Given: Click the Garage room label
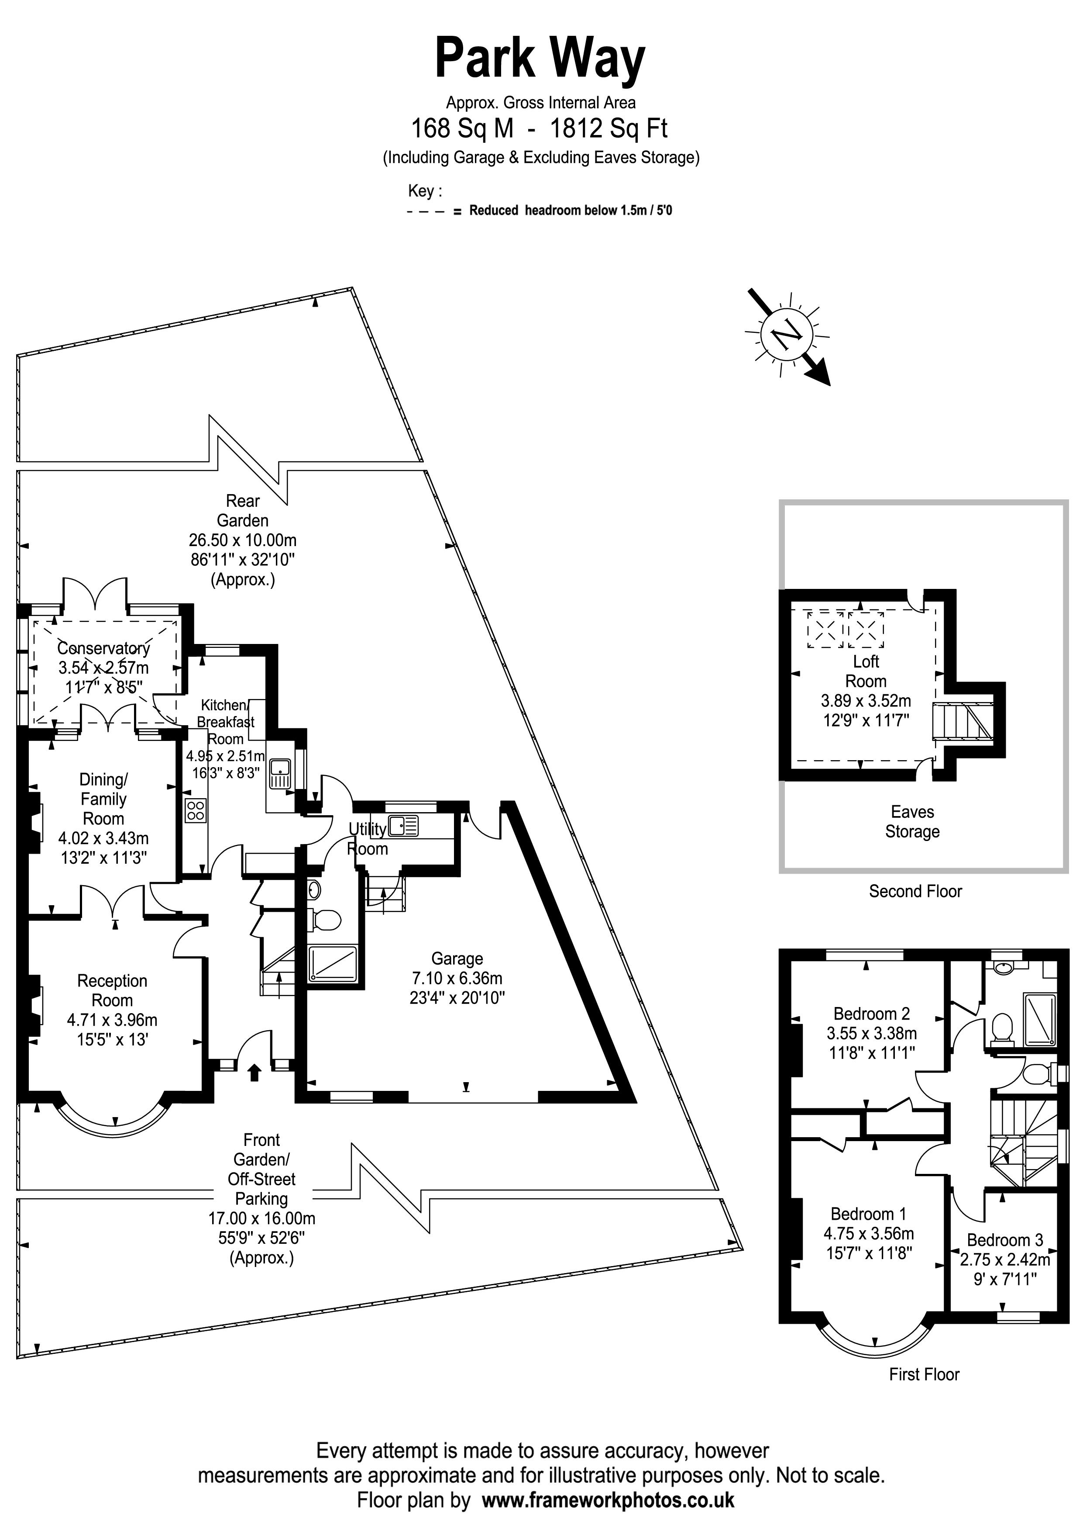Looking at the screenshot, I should (x=457, y=959).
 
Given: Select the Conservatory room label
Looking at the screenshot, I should (x=103, y=647).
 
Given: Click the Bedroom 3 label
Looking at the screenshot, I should (x=1004, y=1240).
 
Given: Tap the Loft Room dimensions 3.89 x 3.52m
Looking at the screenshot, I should (x=866, y=701).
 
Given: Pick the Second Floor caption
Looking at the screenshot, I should (x=915, y=891).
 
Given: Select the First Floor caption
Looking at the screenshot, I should (x=924, y=1374).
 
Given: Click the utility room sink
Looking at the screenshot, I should (x=404, y=826).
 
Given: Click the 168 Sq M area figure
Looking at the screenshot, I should (x=462, y=128).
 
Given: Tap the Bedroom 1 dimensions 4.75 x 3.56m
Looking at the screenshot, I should (x=868, y=1233).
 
